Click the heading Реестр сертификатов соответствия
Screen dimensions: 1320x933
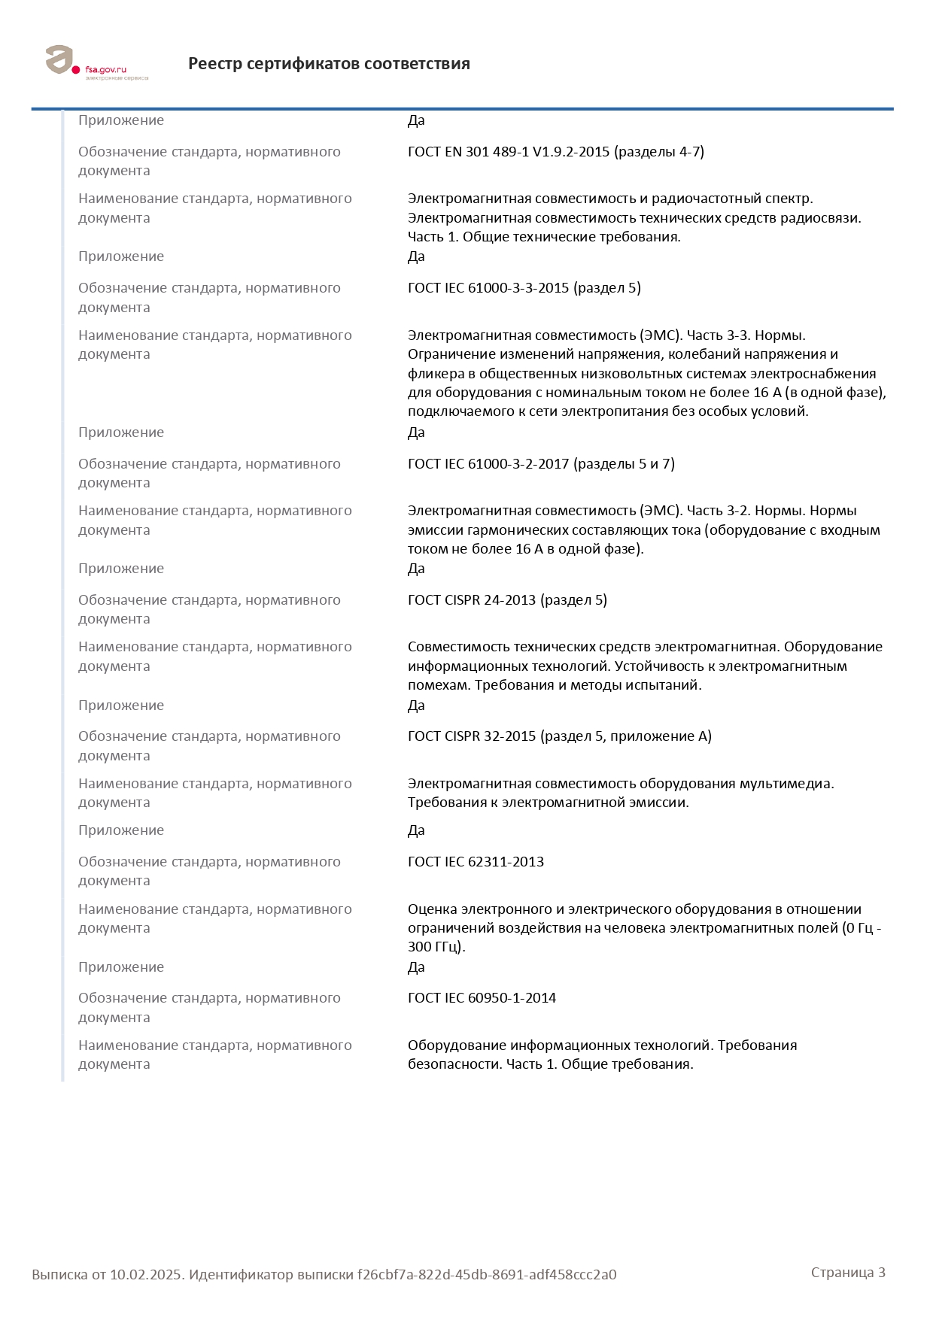coord(329,64)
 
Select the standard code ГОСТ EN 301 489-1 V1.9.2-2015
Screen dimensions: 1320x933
coord(509,152)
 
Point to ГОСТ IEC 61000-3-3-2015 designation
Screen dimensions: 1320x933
coord(488,288)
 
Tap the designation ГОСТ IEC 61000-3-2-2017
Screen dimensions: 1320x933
coord(488,464)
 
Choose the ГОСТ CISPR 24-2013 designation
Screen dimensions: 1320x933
coord(472,600)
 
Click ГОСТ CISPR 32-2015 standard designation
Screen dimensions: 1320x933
coord(472,736)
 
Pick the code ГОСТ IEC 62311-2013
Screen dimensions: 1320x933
coord(476,862)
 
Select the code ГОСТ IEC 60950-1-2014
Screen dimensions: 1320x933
coord(482,998)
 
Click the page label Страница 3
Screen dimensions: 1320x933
coord(848,1273)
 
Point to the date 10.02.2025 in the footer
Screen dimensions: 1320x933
coord(147,1275)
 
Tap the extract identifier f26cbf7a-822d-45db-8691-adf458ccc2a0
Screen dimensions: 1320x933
coord(487,1275)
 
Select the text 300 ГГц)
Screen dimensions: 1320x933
coord(436,947)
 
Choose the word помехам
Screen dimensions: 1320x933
coord(439,685)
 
